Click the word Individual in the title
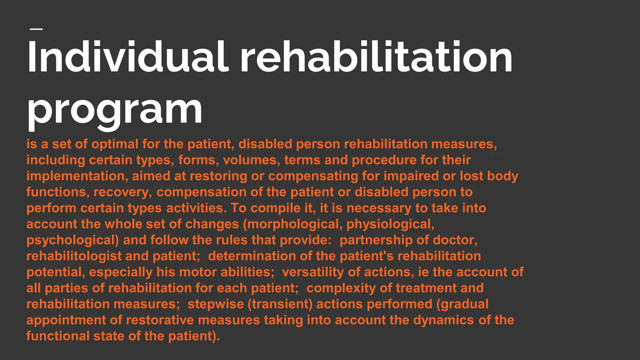point(126,57)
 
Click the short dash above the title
point(36,29)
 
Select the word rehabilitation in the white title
point(376,57)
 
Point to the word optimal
point(115,144)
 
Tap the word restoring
point(218,176)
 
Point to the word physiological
point(390,224)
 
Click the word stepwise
point(215,304)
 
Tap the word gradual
point(464,304)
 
